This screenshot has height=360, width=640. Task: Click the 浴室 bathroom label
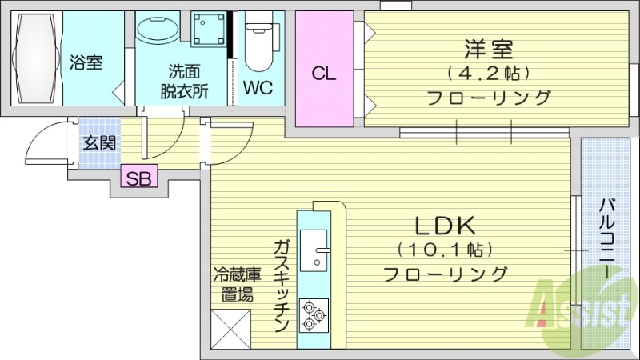tap(86, 62)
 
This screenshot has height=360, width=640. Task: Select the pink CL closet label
tap(323, 74)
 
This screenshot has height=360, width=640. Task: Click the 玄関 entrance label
tap(100, 144)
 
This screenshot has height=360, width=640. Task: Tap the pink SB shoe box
tap(140, 178)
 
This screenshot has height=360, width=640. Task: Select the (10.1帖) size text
tap(445, 250)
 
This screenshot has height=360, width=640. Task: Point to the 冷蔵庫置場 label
tap(233, 284)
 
